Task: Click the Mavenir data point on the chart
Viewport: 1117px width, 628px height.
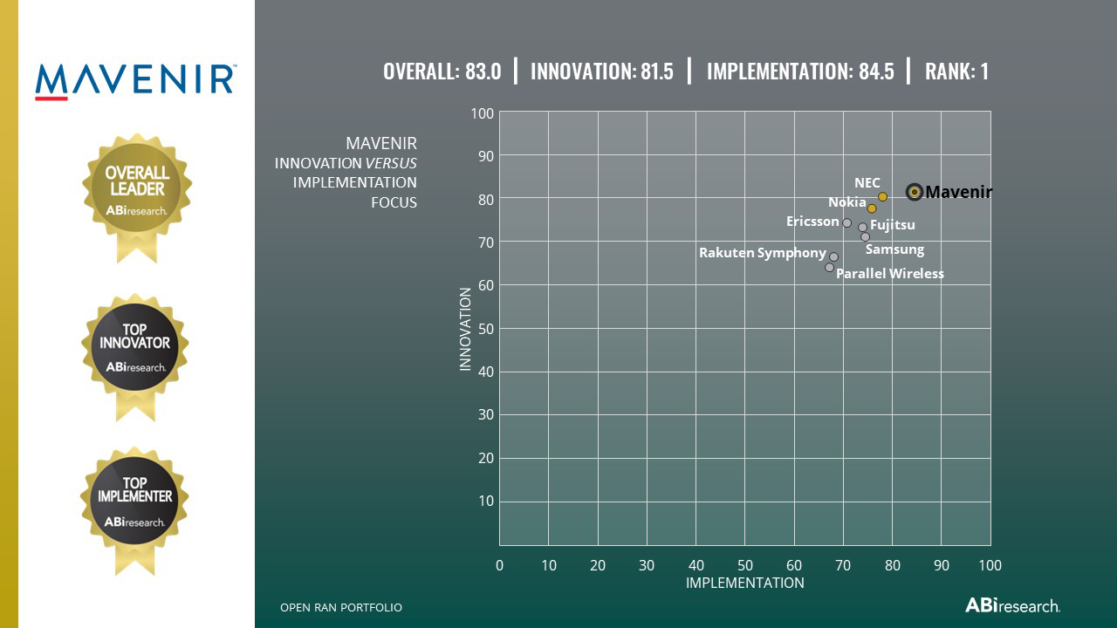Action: (915, 192)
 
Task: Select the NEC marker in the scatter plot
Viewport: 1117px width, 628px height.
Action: (882, 197)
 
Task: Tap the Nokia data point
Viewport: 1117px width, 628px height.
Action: (872, 208)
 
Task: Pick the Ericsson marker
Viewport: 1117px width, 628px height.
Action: (846, 223)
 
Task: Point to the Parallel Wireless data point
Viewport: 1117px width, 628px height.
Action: (829, 268)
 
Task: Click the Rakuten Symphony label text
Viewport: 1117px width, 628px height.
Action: (762, 253)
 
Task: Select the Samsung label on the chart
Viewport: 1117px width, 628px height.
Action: (894, 249)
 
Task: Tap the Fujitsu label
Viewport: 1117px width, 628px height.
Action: (893, 225)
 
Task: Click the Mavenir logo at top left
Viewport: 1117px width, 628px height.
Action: (135, 80)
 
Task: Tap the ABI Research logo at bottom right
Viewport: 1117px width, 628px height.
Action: (1012, 605)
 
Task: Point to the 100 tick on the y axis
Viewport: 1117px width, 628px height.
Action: (483, 113)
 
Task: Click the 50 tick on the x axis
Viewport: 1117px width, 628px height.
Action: (744, 565)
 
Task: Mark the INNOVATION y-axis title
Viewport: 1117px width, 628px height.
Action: (465, 330)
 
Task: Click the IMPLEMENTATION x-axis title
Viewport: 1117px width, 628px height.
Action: (744, 583)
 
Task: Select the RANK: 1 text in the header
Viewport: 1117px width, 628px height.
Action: (956, 72)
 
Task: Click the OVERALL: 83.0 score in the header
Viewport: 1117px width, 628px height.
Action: (442, 72)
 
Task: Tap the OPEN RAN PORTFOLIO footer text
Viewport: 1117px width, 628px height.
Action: (341, 607)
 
